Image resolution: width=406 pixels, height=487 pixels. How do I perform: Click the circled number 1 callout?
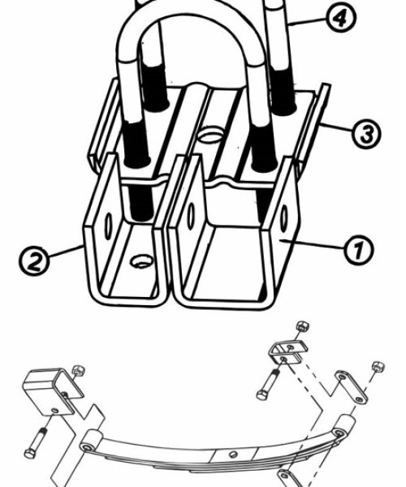(359, 250)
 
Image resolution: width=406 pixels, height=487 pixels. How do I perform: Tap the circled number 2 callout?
(34, 261)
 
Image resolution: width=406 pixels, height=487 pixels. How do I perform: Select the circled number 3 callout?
(366, 134)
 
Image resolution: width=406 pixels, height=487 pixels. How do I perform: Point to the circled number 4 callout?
(341, 18)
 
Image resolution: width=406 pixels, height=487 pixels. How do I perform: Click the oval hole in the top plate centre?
(211, 136)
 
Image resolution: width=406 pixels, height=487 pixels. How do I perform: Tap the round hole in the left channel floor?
(143, 261)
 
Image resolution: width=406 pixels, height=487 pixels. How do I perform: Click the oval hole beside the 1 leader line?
(284, 218)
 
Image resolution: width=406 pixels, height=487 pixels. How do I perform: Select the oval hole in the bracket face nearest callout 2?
(109, 225)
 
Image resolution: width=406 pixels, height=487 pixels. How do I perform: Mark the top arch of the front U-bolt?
(189, 15)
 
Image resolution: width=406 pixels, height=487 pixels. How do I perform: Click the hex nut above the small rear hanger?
(302, 326)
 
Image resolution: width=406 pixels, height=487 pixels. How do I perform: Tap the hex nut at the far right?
(378, 367)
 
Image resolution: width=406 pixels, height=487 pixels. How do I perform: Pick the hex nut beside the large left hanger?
(79, 371)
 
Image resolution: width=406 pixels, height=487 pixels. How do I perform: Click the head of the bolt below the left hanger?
(29, 454)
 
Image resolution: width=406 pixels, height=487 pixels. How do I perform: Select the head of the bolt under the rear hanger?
(262, 395)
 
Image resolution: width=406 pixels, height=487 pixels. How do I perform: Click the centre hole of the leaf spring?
(233, 455)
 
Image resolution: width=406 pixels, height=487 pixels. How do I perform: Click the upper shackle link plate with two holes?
(352, 387)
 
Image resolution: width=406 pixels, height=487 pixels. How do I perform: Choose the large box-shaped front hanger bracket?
(53, 392)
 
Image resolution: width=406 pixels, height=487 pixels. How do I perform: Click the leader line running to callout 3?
(336, 128)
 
